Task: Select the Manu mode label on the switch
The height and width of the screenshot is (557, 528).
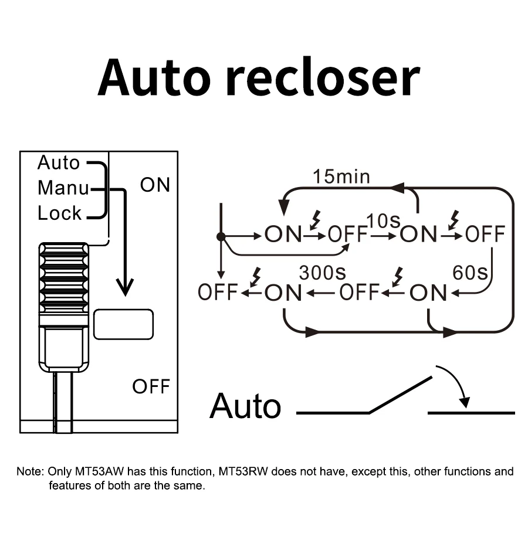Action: coord(63,188)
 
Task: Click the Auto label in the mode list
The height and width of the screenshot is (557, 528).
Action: coord(59,162)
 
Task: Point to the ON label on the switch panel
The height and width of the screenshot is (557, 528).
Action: coord(155,185)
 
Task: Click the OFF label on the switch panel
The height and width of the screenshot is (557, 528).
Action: coord(151,386)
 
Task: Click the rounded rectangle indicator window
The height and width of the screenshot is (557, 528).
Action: coord(123,324)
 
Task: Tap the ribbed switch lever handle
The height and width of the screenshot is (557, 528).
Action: coord(64,281)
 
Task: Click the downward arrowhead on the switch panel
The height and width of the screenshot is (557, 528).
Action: coord(124,287)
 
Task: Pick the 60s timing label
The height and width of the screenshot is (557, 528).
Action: coord(471,273)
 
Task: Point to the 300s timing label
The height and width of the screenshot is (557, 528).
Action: coord(322,273)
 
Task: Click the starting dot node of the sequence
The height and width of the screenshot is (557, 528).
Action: coord(221,236)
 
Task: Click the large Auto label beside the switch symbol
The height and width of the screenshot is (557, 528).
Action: coord(245,406)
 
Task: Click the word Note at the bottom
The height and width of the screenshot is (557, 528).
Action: coord(29,471)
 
